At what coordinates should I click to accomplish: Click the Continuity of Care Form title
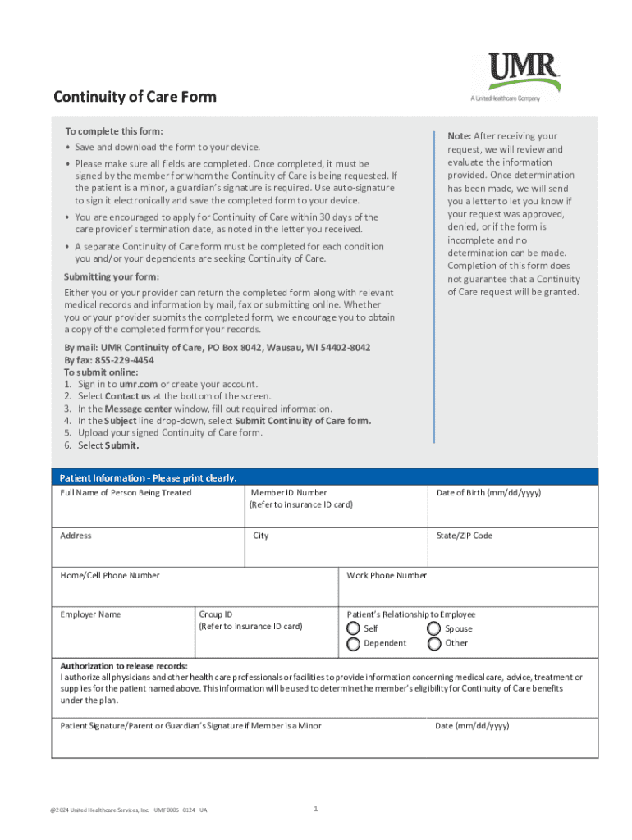(x=135, y=97)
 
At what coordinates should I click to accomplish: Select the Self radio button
(x=353, y=628)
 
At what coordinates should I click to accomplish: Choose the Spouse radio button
(x=434, y=628)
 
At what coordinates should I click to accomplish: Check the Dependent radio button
(x=353, y=643)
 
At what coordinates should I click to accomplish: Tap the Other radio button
(x=434, y=643)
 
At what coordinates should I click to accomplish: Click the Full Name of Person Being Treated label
(x=126, y=493)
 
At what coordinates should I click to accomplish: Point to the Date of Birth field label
(x=488, y=493)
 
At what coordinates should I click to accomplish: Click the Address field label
(x=76, y=536)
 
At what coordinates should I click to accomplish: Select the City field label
(x=261, y=536)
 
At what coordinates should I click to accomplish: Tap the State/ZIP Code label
(x=465, y=536)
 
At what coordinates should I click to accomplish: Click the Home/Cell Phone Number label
(x=110, y=575)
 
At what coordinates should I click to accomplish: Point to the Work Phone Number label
(x=387, y=575)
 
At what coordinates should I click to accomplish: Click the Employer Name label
(x=90, y=614)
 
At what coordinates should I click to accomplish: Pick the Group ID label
(x=216, y=614)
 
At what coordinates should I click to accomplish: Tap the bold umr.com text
(x=138, y=384)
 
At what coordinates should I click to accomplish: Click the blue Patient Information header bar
(x=324, y=477)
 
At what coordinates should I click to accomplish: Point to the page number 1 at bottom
(x=316, y=810)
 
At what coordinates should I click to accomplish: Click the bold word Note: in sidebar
(x=459, y=136)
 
